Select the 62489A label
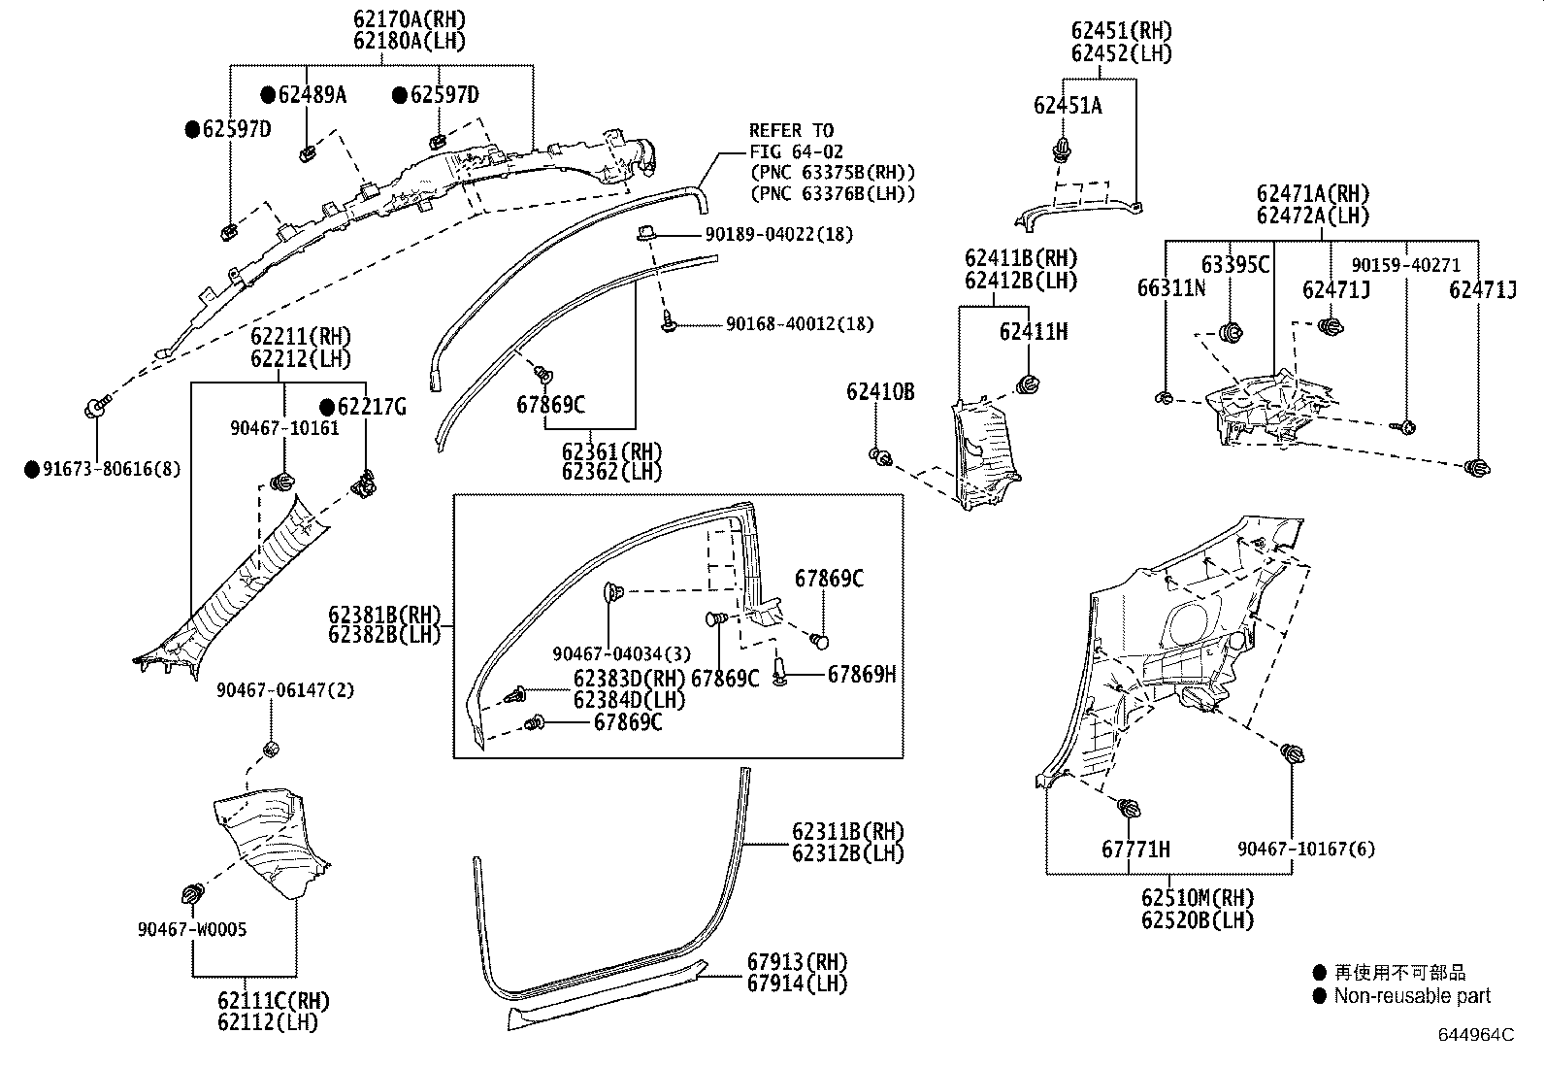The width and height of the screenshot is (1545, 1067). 312,95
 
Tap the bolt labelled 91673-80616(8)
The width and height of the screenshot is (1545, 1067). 95,408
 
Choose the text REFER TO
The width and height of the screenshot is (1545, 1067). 790,130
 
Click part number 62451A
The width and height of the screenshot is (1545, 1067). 1068,106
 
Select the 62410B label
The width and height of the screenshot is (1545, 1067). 879,392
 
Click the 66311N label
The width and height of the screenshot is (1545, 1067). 1171,288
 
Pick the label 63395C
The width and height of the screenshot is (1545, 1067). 1234,265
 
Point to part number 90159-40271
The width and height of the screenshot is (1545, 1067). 1405,265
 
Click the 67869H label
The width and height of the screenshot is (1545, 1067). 861,674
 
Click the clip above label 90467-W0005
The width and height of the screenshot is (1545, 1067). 193,891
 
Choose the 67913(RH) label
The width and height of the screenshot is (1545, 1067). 797,961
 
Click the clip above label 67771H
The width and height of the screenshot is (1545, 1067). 1129,808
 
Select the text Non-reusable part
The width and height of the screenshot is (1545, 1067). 1411,996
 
